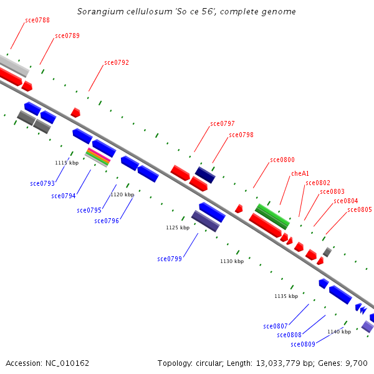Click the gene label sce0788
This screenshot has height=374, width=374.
click(37, 21)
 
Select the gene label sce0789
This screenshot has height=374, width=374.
click(67, 36)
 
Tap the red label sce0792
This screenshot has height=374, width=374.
click(117, 62)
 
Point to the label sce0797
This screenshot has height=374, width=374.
click(223, 123)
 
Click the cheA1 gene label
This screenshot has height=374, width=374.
click(300, 173)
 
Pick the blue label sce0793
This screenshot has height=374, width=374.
click(42, 183)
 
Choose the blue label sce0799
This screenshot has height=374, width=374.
click(170, 259)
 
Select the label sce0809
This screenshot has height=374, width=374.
click(303, 344)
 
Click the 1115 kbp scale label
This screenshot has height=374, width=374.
click(67, 163)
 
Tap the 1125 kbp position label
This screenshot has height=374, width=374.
click(178, 228)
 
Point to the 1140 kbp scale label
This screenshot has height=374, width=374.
click(339, 332)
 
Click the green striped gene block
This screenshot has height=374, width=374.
click(272, 216)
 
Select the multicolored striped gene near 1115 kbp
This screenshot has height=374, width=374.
click(98, 156)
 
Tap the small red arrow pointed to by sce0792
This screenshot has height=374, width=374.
click(75, 113)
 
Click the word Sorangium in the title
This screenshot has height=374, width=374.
click(99, 12)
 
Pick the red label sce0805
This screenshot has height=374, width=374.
click(360, 209)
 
